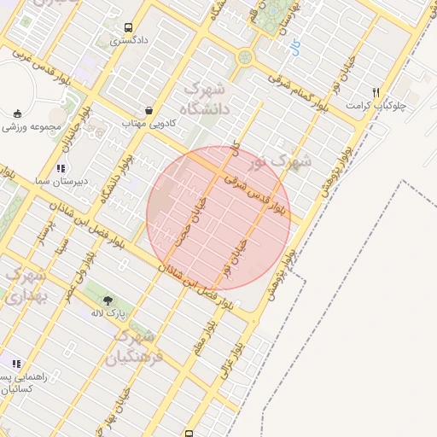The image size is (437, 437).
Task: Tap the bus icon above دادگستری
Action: pos(128,27)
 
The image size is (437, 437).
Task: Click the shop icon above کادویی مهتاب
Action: pos(149,110)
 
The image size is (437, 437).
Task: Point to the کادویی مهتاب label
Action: pos(149,124)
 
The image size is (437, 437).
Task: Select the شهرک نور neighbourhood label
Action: pos(281,160)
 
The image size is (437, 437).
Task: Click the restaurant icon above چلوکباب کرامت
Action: pos(376,91)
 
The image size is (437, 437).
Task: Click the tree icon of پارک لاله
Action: pos(108,300)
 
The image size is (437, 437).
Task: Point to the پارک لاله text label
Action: pos(109,313)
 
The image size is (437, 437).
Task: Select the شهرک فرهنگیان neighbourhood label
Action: pos(135,345)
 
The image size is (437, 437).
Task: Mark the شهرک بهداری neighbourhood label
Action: pos(24,286)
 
